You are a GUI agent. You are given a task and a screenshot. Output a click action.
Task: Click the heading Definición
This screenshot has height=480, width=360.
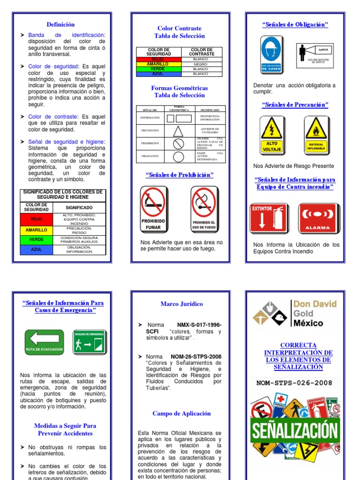click(x=60, y=24)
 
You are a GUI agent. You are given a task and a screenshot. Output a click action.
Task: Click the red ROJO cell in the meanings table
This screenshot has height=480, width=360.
click(x=37, y=219)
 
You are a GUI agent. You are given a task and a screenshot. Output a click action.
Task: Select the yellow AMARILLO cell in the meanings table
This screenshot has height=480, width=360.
click(x=37, y=230)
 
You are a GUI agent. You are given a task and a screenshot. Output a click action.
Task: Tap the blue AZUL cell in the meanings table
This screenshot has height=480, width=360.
click(x=37, y=249)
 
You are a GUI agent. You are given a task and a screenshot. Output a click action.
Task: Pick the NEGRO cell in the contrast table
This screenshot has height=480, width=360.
click(x=201, y=64)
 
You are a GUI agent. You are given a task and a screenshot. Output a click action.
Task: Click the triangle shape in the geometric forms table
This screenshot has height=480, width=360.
click(x=178, y=131)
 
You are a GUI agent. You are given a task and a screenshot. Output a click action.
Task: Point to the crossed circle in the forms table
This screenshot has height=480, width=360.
click(x=178, y=143)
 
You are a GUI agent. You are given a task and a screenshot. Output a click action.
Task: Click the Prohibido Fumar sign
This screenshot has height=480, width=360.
click(x=153, y=208)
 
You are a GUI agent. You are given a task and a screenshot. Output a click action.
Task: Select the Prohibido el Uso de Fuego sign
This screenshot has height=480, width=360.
click(x=204, y=208)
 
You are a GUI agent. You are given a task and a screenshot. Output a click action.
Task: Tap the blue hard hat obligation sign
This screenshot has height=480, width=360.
click(x=272, y=54)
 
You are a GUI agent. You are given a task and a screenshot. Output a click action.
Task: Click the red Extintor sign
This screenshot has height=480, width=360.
click(x=270, y=218)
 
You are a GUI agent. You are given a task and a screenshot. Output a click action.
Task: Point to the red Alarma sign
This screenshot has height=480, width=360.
click(x=317, y=218)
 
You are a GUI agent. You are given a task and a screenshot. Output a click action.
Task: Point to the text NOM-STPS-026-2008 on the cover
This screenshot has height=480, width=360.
click(x=294, y=383)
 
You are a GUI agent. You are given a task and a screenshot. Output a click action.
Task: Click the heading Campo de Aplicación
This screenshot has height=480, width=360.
click(x=181, y=413)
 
